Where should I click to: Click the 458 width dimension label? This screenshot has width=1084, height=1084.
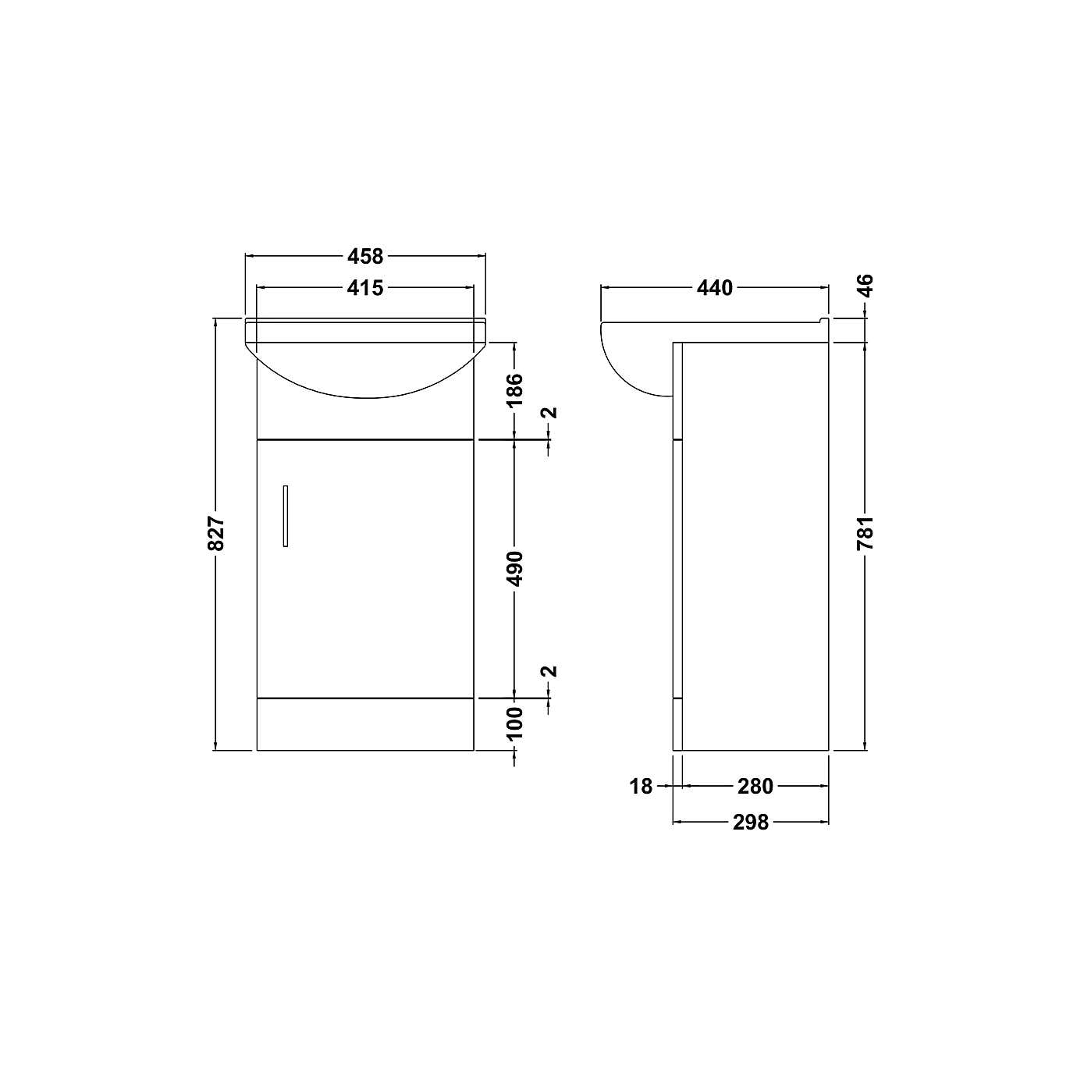365,256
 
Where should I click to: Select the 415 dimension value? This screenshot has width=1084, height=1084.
365,288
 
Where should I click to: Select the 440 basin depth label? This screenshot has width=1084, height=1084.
714,288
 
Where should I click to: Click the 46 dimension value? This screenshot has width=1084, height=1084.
865,285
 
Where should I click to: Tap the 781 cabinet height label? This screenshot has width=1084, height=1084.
865,533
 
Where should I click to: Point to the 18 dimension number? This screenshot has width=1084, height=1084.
641,787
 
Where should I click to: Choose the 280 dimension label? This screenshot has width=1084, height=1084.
755,787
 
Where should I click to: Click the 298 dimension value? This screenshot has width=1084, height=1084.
750,822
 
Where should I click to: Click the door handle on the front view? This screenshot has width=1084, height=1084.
286,515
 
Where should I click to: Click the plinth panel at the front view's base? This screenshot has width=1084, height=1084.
365,724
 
